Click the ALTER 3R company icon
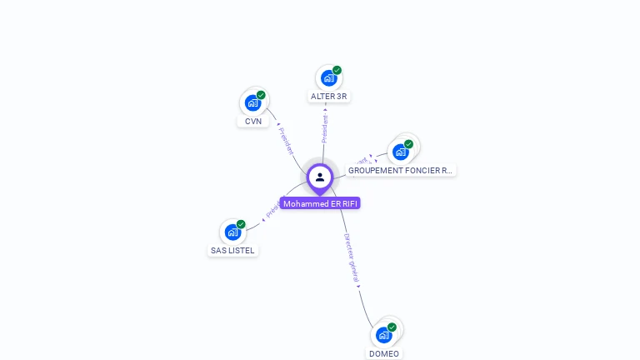[x=328, y=78]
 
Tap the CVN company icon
[x=252, y=103]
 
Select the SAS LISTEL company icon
[x=232, y=232]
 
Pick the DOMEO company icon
[x=383, y=335]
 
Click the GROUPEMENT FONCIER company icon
[x=401, y=152]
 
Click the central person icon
[x=320, y=177]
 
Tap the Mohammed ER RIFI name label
[x=320, y=203]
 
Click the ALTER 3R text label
[x=328, y=97]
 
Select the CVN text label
[x=253, y=122]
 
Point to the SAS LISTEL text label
[x=232, y=251]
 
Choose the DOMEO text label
[x=384, y=353]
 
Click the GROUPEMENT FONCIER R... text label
[x=401, y=171]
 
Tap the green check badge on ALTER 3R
[x=337, y=70]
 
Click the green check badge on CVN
[x=261, y=95]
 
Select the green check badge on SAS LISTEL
[x=241, y=224]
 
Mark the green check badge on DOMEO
[x=392, y=327]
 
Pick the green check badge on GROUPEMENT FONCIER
[x=408, y=144]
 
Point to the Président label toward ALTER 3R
[x=325, y=128]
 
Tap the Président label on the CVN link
[x=286, y=141]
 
